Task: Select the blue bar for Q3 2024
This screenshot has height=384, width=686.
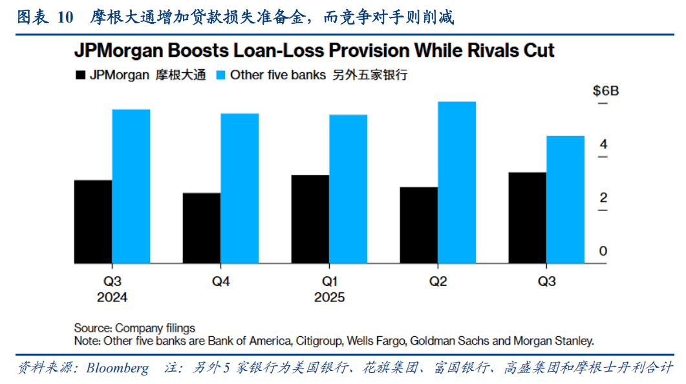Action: tap(131, 187)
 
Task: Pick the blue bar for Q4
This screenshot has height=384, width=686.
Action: tap(240, 188)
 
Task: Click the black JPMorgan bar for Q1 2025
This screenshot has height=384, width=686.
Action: tap(310, 219)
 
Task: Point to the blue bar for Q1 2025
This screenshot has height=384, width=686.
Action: tap(348, 189)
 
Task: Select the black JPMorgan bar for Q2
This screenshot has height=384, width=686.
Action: tap(419, 225)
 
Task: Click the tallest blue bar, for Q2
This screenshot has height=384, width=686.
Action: tap(457, 183)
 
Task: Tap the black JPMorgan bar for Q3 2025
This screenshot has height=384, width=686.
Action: tap(528, 217)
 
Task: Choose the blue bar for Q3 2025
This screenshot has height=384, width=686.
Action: tap(566, 199)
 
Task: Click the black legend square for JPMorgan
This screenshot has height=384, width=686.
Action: tap(80, 76)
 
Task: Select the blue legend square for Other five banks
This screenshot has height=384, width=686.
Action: tap(221, 76)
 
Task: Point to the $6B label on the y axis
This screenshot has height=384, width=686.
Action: tap(606, 91)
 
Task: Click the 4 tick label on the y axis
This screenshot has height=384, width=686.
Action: tap(603, 145)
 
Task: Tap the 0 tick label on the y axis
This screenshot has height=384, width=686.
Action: tap(603, 251)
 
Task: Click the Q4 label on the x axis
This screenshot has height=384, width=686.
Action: tap(220, 281)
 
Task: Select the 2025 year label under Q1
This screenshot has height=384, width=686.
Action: tap(330, 298)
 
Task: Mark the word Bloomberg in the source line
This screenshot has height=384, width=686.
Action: tap(117, 369)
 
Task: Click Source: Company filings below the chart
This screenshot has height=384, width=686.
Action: tap(134, 328)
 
